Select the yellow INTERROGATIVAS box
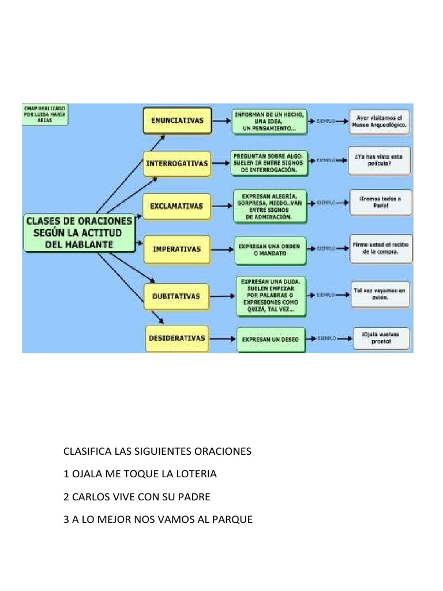[x=177, y=163]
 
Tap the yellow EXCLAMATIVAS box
[x=177, y=206]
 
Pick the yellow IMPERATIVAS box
[x=177, y=249]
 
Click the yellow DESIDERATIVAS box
[x=177, y=338]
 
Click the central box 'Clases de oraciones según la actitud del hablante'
[x=79, y=233]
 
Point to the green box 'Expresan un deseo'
[x=271, y=340]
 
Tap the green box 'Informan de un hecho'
[x=269, y=121]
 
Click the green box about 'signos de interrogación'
[x=269, y=163]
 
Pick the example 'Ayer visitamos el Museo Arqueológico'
[x=380, y=121]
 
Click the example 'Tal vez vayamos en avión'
[x=380, y=294]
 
